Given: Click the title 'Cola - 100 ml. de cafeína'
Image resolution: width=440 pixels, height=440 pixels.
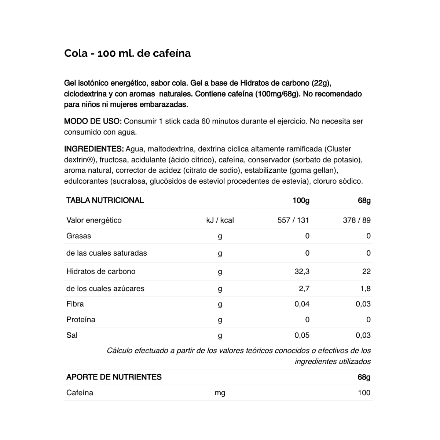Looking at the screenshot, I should [x=127, y=54].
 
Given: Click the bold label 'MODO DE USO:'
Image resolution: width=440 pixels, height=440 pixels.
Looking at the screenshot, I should [x=92, y=121].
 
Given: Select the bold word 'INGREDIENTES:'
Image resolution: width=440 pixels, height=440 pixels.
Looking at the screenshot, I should [x=94, y=149].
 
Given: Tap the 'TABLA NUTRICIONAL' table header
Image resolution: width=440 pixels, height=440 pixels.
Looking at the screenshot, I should [x=105, y=201].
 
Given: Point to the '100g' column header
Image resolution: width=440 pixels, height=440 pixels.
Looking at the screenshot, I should [x=301, y=201].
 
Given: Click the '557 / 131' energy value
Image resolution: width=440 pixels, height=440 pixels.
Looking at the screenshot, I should [x=293, y=220].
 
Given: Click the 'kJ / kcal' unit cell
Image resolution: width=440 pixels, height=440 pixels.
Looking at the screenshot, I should [x=220, y=220].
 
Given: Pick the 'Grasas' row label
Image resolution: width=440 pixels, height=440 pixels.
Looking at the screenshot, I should [x=78, y=236].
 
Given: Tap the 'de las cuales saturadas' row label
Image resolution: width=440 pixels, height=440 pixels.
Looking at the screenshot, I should [x=106, y=253].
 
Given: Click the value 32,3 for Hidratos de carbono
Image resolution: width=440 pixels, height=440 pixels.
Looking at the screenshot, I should [x=302, y=272].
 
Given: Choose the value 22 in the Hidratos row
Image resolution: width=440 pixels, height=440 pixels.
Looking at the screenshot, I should [x=366, y=272].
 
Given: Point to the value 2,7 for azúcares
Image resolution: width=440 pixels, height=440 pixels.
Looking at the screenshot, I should [x=304, y=289].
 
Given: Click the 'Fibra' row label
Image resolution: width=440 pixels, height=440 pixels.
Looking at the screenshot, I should [x=75, y=304].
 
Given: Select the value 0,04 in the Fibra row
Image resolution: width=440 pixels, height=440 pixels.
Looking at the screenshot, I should [x=302, y=304].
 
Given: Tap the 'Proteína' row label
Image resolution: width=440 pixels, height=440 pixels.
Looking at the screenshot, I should [x=81, y=320].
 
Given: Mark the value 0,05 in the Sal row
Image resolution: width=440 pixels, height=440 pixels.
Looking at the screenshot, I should [x=302, y=335].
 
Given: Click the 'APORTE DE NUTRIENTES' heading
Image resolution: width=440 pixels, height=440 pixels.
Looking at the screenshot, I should [x=114, y=377].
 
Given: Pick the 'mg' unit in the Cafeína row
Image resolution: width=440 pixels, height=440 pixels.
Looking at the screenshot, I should [x=220, y=393].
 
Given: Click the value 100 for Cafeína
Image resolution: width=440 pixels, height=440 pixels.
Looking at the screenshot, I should [x=364, y=393].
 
